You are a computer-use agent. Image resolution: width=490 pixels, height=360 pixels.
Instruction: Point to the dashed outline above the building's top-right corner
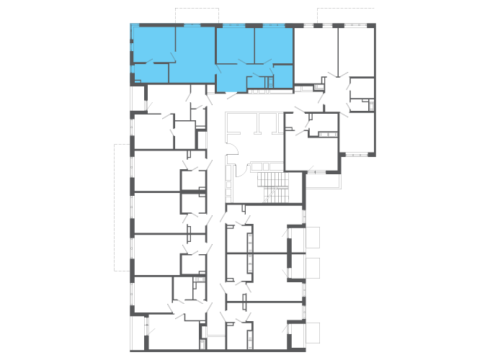[x=347, y=14]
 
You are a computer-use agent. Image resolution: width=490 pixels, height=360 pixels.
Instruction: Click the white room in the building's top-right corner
[x=357, y=50]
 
